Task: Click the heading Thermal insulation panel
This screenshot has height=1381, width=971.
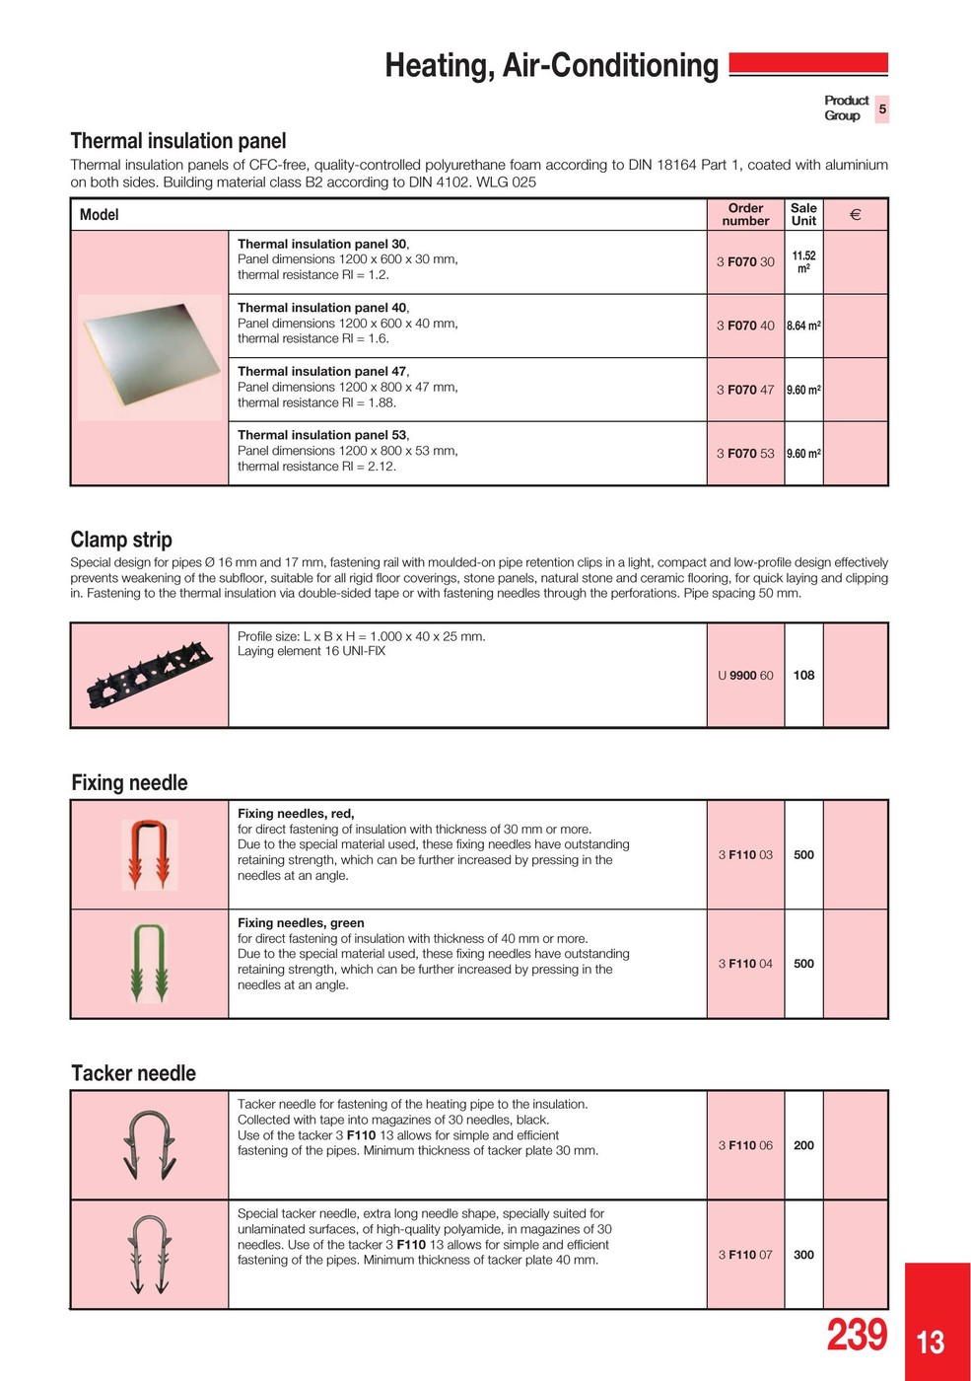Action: tap(178, 141)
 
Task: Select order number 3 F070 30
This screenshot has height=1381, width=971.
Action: tap(745, 262)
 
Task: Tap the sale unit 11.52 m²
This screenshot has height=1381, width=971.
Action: tap(803, 261)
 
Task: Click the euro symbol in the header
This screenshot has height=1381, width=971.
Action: tap(855, 214)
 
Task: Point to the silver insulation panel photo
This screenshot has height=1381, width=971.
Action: tap(150, 357)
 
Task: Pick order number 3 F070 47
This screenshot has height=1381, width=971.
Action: tap(745, 390)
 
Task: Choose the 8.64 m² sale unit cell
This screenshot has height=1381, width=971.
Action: tap(803, 326)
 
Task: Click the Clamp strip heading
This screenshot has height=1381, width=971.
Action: tap(121, 540)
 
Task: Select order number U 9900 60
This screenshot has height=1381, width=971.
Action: tap(745, 676)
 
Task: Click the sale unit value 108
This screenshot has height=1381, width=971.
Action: tap(803, 676)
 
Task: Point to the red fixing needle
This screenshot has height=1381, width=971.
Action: tap(150, 854)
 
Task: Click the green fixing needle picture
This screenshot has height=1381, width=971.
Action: tap(150, 963)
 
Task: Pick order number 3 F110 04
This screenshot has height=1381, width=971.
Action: tap(745, 964)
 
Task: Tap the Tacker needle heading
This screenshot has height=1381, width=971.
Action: tap(133, 1073)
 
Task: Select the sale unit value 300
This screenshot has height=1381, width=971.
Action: tap(803, 1255)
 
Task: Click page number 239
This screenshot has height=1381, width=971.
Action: tap(857, 1335)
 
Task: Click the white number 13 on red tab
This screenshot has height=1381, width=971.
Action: tap(931, 1343)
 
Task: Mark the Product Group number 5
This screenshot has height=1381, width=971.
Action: tap(882, 109)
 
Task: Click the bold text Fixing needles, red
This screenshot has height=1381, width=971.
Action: tap(296, 814)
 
